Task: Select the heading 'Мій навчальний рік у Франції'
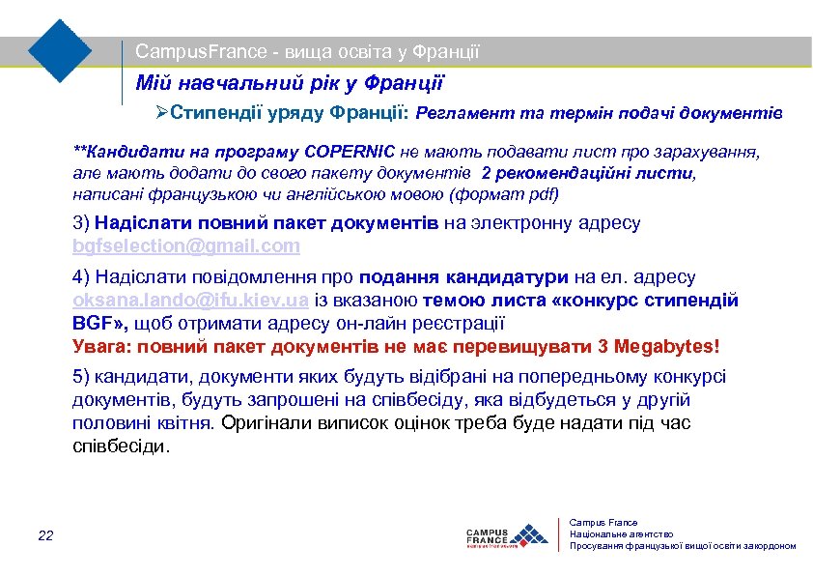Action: point(289,84)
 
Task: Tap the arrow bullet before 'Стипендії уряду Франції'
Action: point(162,114)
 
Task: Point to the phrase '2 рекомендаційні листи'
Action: point(587,173)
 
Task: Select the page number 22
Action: point(46,535)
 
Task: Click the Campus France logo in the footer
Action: point(505,534)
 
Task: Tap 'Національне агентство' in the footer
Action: point(621,534)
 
